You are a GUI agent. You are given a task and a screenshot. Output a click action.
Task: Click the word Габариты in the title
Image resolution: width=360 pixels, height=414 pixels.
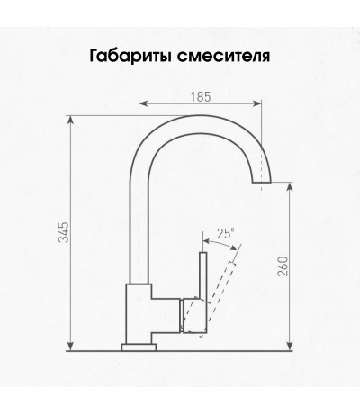130,56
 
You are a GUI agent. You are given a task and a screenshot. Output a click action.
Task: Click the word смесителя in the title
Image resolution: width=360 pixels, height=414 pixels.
224,56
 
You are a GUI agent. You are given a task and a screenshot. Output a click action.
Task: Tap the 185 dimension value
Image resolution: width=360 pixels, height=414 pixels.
201,97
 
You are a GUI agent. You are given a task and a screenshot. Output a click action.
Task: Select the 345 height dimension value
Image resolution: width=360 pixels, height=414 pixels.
64,232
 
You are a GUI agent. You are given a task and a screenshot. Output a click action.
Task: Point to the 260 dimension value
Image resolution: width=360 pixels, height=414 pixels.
283,266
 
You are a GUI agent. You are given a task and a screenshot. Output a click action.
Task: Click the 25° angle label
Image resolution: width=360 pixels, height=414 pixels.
225,233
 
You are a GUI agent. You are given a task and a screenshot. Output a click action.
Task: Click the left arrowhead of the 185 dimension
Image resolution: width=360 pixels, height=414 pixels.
144,103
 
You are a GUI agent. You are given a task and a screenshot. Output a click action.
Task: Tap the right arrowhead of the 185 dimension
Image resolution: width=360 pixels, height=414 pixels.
257,103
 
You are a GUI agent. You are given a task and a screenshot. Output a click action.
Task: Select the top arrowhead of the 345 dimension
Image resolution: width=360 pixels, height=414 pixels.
70,121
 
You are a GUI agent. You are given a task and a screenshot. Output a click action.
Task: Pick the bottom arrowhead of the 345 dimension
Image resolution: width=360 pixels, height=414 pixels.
70,346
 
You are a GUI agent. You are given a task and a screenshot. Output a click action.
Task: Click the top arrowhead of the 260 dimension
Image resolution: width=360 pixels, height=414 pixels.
290,186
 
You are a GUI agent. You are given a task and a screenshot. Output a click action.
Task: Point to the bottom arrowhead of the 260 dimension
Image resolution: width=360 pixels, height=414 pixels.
290,346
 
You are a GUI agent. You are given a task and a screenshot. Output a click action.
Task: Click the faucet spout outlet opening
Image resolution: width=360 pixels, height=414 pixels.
261,182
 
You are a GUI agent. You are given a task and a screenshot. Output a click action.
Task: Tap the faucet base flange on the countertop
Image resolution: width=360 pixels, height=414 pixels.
139,347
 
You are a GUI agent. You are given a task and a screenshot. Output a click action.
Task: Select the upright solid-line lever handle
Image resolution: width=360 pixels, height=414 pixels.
203,276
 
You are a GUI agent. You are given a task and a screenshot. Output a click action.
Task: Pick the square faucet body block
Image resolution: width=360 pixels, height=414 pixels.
139,313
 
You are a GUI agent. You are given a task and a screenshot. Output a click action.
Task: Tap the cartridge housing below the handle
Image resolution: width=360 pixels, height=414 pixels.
194,316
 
